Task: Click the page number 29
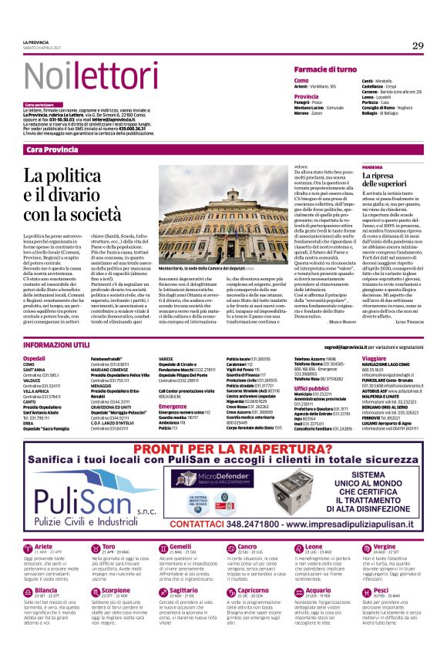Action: coord(418,46)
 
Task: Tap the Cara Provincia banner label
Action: coord(52,149)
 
